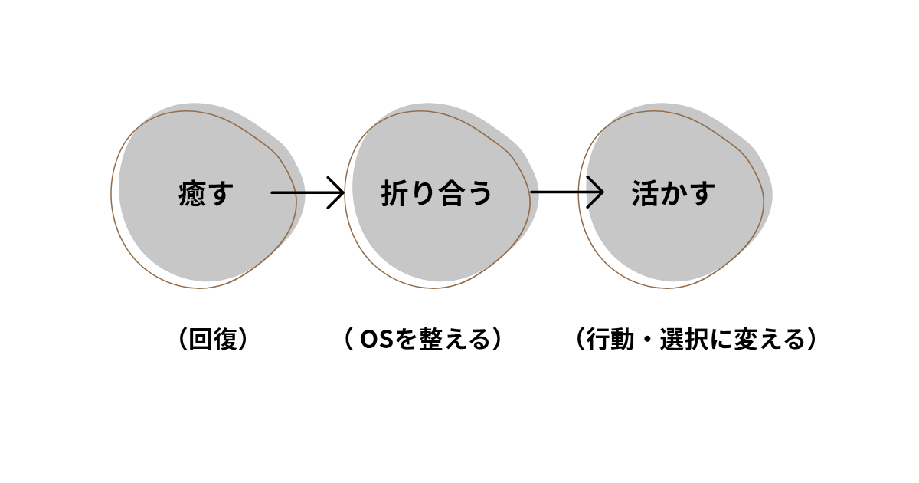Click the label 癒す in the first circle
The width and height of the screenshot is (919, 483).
coord(205,194)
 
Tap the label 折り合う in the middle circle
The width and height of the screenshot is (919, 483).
coord(437,194)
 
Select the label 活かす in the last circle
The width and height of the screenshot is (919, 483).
coord(674,194)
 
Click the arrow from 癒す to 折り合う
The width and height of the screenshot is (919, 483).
coord(306,192)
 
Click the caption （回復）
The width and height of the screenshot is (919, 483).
coord(210,340)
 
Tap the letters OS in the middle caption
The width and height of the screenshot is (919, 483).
coord(377,340)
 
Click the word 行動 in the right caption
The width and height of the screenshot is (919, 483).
coord(607,340)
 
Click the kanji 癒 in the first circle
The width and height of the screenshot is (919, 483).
coord(191,194)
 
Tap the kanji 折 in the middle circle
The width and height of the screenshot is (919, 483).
coord(395,194)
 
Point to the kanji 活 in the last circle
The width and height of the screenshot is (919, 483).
coord(646,194)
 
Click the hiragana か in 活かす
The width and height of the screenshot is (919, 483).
coord(674,194)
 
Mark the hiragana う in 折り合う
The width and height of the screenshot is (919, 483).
coord(479,194)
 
